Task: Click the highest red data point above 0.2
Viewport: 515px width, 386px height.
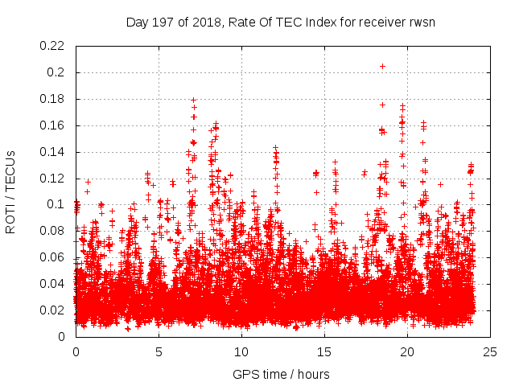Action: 382,66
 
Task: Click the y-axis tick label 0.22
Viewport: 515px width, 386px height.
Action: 54,46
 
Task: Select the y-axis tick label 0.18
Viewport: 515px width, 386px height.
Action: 54,99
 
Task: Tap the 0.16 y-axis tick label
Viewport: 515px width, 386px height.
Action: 54,125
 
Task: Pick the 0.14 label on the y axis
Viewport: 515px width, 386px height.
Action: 54,152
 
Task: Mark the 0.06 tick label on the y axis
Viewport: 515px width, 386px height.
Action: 54,257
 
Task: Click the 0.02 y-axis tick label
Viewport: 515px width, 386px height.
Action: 54,310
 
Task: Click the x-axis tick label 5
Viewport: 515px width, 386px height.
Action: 159,351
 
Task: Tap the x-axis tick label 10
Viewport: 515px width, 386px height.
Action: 241,351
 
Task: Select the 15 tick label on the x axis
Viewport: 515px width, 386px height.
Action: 324,351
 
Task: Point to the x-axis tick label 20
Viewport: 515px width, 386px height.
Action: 407,351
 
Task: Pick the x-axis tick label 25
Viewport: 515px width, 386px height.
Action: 490,351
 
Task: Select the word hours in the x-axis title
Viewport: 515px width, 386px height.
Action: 312,374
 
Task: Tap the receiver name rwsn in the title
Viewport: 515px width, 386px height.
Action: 421,22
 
